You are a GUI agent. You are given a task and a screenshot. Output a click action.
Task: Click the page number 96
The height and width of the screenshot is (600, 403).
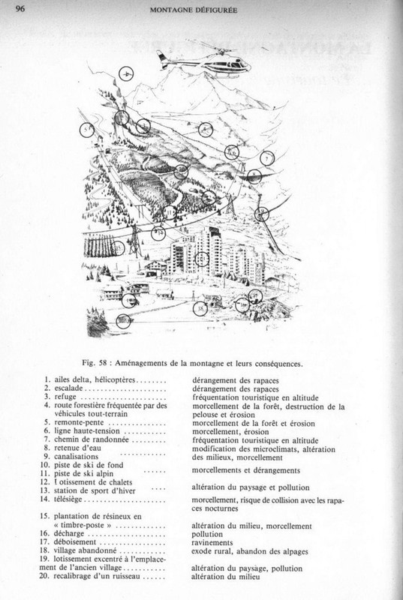point(20,10)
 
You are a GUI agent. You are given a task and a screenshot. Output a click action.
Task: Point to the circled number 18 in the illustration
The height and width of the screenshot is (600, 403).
point(200,307)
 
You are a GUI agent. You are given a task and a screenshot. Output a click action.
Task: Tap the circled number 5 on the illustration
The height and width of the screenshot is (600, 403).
point(88,130)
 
